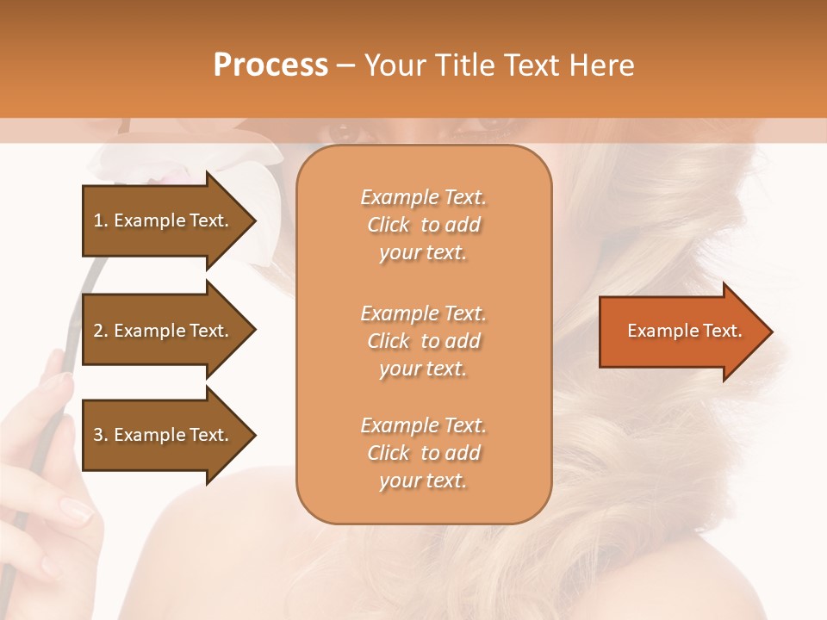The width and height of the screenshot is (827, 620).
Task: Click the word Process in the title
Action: tap(270, 65)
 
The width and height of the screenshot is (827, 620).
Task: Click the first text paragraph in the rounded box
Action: tap(423, 225)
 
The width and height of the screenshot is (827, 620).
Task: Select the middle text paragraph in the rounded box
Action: tap(423, 341)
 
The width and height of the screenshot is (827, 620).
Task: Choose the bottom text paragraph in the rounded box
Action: tap(423, 453)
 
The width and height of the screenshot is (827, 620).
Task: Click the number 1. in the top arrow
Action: tap(101, 220)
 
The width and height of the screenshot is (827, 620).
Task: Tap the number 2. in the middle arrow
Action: tap(101, 331)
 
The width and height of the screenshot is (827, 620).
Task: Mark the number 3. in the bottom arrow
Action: tap(101, 435)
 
